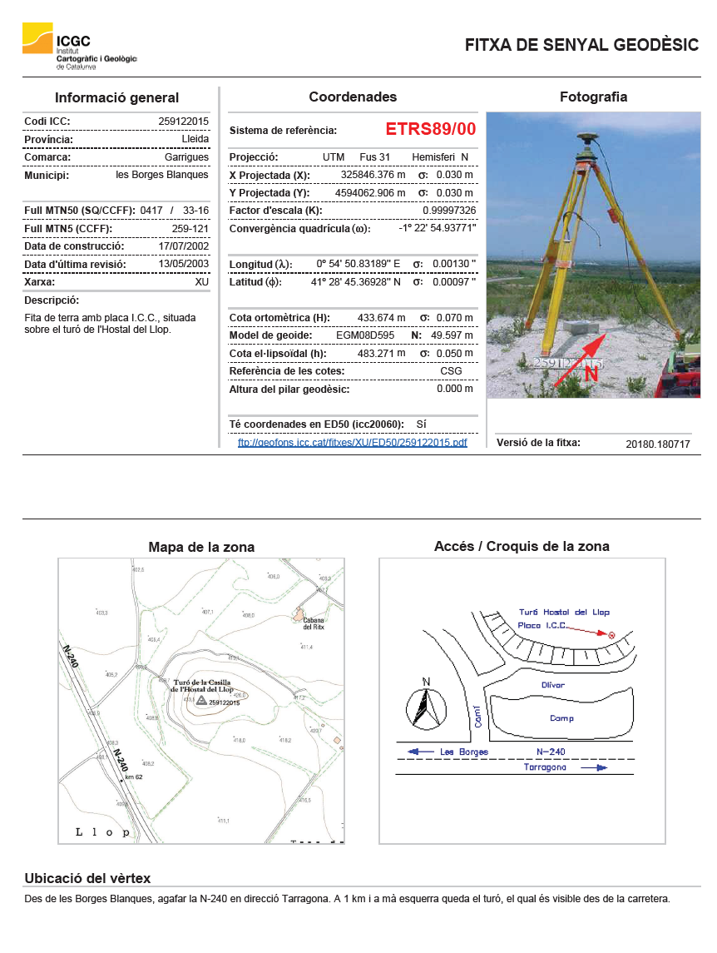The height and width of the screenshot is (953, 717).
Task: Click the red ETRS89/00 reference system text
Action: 431,130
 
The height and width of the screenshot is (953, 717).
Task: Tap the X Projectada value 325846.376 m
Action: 373,176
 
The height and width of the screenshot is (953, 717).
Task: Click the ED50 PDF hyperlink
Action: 353,443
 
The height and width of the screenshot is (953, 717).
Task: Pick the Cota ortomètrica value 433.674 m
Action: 381,318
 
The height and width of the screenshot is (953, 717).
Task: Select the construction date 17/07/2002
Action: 183,246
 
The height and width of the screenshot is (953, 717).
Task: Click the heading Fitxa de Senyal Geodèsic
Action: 581,45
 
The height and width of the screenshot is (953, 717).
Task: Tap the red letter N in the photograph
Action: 591,375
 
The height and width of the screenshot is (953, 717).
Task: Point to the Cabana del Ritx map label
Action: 312,623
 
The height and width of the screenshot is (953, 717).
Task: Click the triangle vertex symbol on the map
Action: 201,702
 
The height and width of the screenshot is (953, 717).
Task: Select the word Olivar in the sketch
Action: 552,685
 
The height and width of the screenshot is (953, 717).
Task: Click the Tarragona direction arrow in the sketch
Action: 594,768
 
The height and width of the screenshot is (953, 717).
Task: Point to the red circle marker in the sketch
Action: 612,636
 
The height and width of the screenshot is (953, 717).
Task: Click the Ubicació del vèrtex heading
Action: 87,879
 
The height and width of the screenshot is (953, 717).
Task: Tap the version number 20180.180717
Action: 657,444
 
